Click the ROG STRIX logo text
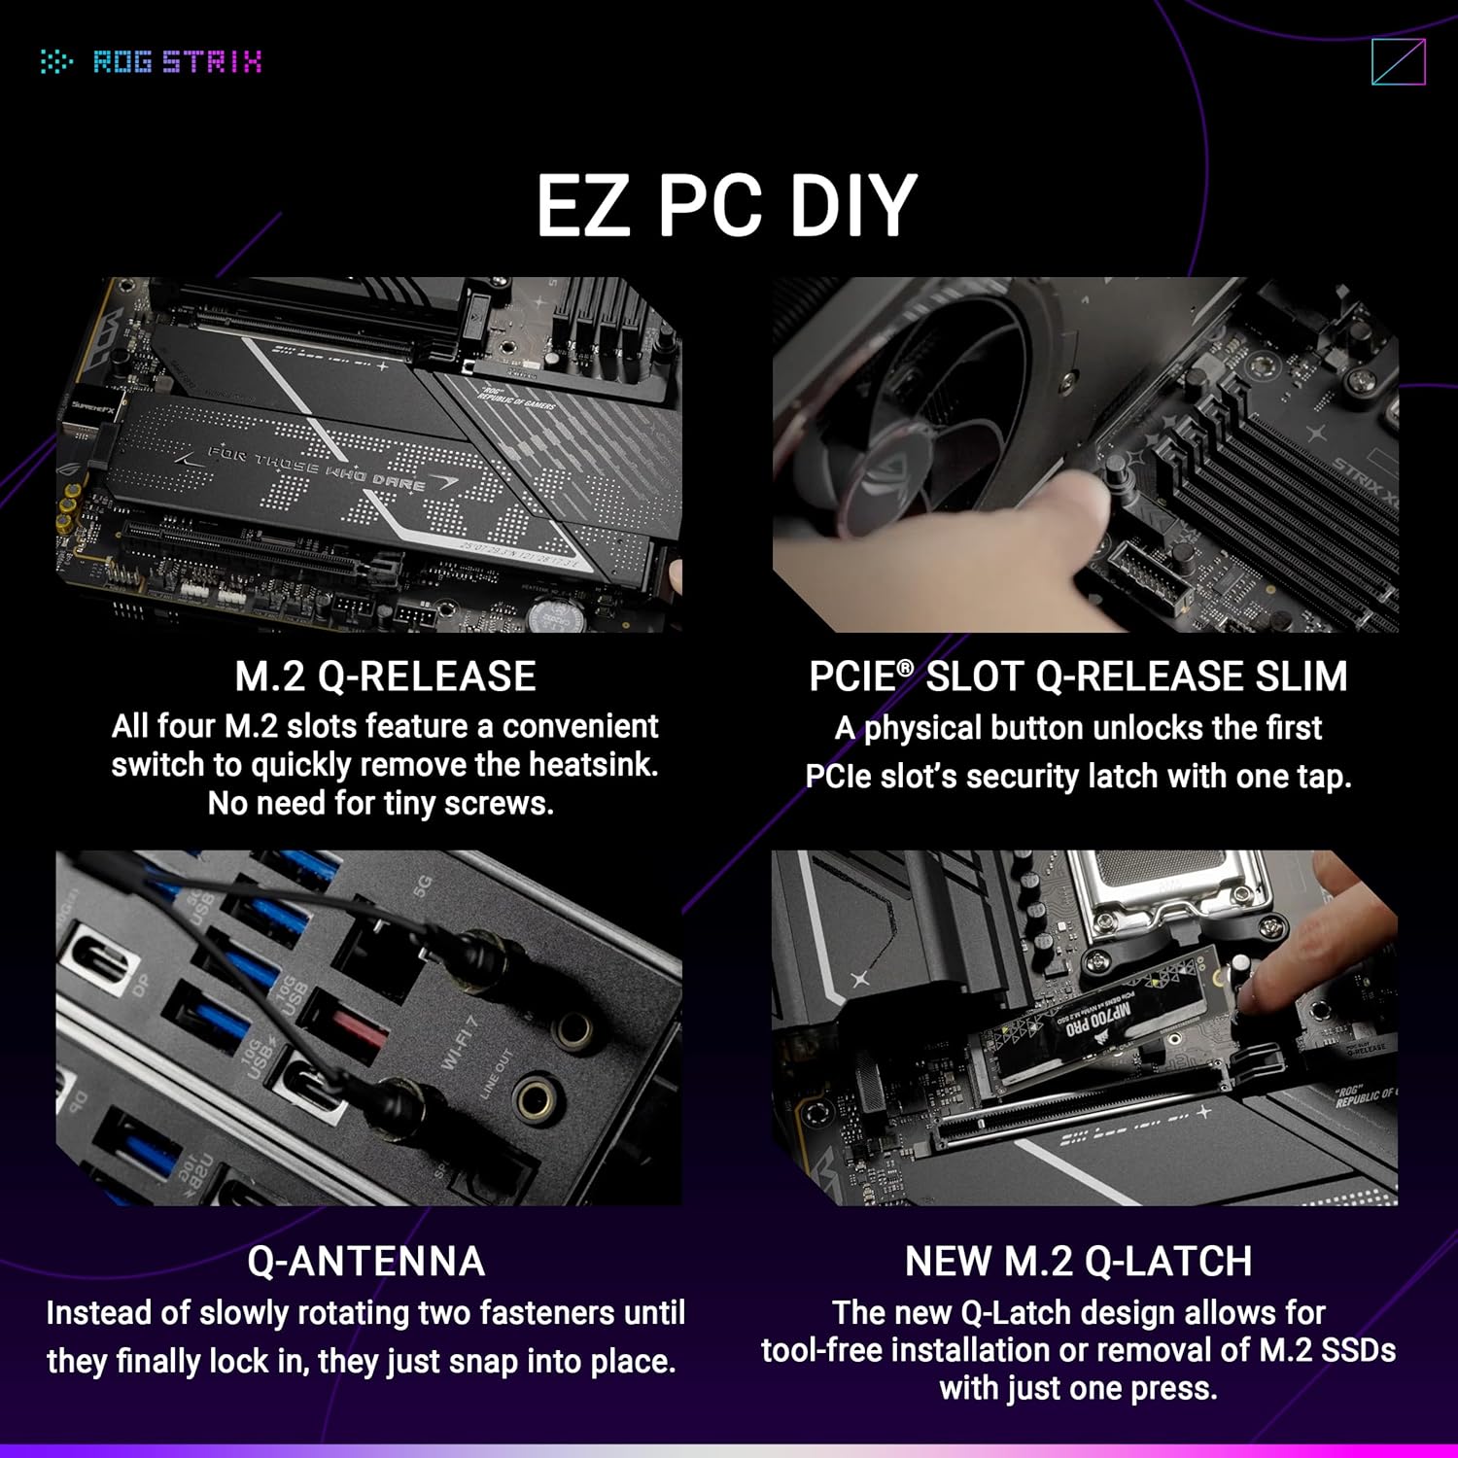pyautogui.click(x=176, y=62)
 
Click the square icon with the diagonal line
pyautogui.click(x=1398, y=62)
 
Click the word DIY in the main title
pyautogui.click(x=852, y=206)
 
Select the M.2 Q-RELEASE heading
pyautogui.click(x=385, y=677)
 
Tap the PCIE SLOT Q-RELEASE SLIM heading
pyautogui.click(x=1078, y=677)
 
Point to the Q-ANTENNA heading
pyautogui.click(x=365, y=1262)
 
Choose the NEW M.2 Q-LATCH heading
pyautogui.click(x=1078, y=1262)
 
